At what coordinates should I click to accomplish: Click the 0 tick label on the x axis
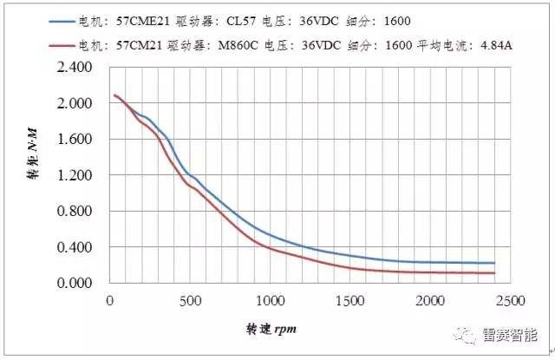pos(109,300)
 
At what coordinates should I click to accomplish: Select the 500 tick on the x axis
pos(190,300)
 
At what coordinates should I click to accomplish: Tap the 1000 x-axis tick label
pos(271,300)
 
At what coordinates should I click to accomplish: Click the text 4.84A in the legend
pos(496,46)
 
